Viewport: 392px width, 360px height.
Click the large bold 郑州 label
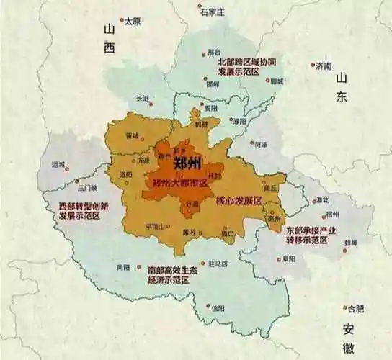(189, 163)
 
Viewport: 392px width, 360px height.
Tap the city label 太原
(132, 22)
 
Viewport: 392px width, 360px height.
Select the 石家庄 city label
(213, 12)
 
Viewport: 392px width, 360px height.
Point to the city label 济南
(324, 66)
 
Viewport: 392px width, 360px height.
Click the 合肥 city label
(356, 309)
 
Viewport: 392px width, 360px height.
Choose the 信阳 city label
(219, 307)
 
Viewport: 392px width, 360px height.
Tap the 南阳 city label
(123, 267)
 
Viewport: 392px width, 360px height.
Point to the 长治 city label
(142, 98)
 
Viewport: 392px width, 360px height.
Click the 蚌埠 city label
(350, 243)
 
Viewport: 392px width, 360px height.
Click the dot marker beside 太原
(122, 21)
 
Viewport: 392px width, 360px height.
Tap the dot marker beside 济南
(313, 66)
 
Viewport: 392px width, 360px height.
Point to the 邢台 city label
(213, 52)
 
